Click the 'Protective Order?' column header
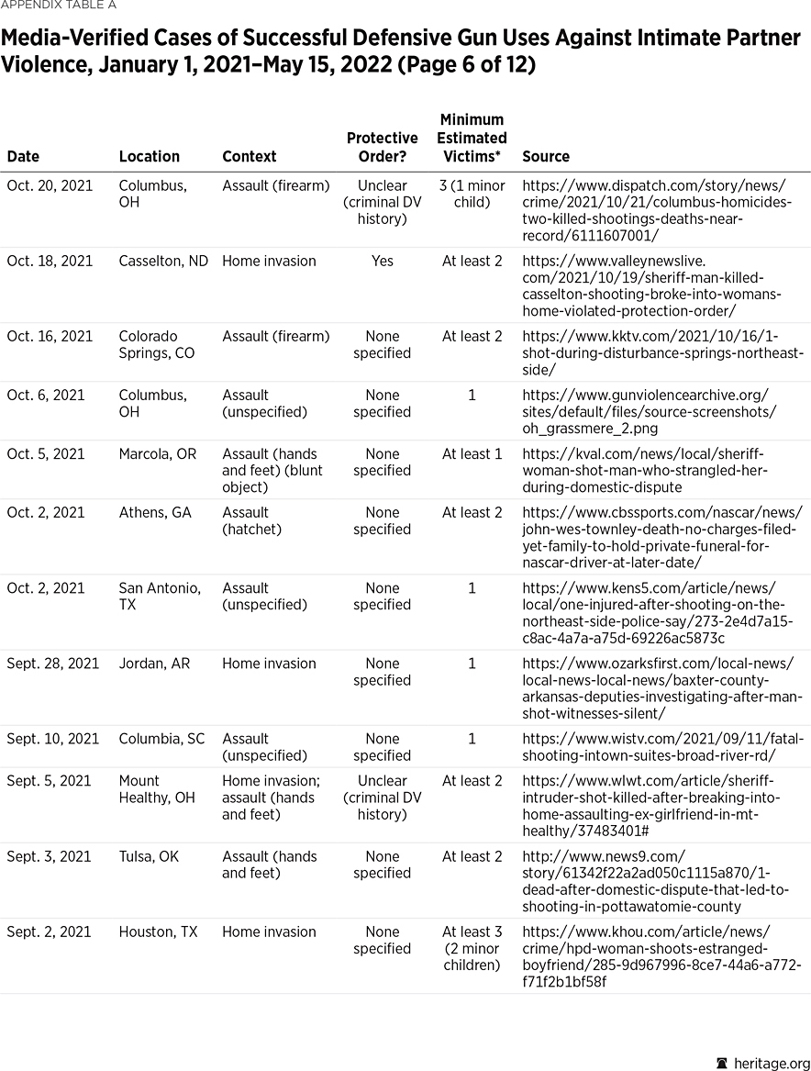[x=382, y=147]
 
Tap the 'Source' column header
[x=545, y=157]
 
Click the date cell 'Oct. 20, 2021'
[x=50, y=185]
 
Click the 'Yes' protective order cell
[x=382, y=261]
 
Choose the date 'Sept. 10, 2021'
[x=53, y=738]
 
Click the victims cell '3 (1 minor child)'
[x=472, y=194]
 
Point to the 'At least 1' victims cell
[x=472, y=453]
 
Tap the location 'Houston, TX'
[x=158, y=932]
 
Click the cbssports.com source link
[x=661, y=537]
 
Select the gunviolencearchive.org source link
[x=648, y=411]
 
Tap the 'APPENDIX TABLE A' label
[x=59, y=6]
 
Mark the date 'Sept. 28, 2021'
[x=53, y=663]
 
